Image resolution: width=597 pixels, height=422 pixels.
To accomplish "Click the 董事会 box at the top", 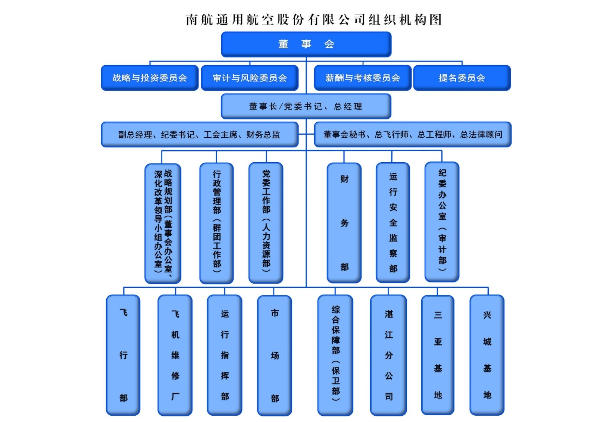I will point(306,44).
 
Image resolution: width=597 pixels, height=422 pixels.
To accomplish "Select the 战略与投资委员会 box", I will point(149,78).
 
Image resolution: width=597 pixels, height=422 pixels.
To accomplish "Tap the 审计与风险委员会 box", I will point(250,78).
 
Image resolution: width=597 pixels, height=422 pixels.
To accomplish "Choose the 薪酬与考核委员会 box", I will point(362,78).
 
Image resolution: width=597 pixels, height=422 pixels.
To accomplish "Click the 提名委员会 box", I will point(462,78).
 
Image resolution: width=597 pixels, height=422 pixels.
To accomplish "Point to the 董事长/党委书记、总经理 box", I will point(306,106).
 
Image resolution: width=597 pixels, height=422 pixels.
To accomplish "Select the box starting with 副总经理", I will point(200,134).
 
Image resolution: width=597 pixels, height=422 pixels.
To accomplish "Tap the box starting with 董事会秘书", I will point(412,134).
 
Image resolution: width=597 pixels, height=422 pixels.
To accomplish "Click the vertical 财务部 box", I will point(344,223).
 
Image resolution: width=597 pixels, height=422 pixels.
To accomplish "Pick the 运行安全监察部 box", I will point(393,223).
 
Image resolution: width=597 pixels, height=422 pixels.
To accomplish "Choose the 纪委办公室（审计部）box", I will point(442,222).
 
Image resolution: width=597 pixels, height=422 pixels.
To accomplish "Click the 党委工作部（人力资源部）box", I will point(266,223).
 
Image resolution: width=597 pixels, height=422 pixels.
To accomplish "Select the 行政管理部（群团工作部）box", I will point(216,223).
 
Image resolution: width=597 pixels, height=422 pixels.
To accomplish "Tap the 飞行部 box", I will point(123,355).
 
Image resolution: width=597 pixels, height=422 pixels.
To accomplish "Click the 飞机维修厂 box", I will point(175,355).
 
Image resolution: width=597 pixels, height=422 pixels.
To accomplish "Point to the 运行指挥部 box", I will point(225,355).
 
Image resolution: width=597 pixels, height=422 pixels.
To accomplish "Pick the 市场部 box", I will point(275,355).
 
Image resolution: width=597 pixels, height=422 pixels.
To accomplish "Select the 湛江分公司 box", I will point(388,355).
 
